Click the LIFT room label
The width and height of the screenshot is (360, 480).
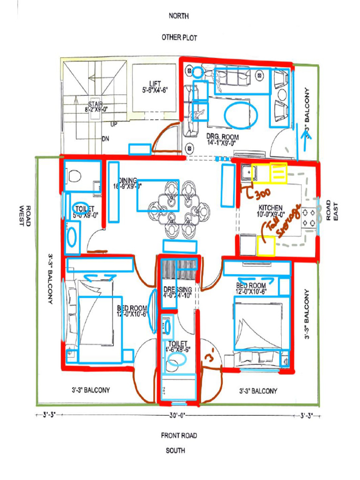pyautogui.click(x=155, y=87)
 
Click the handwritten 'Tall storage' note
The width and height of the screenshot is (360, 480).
pyautogui.click(x=281, y=224)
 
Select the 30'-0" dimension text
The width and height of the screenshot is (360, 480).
pyautogui.click(x=178, y=415)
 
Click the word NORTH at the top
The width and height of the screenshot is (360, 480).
pyautogui.click(x=179, y=16)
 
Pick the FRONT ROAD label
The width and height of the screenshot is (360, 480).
pyautogui.click(x=179, y=435)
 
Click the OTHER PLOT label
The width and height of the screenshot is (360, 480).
pyautogui.click(x=179, y=37)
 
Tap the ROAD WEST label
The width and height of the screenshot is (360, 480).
pyautogui.click(x=24, y=216)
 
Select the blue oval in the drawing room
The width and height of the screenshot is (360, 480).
pyautogui.click(x=240, y=115)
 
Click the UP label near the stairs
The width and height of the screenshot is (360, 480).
pyautogui.click(x=114, y=125)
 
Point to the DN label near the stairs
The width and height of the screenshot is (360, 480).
pyautogui.click(x=105, y=139)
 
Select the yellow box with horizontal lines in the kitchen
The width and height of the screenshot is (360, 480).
pyautogui.click(x=278, y=172)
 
